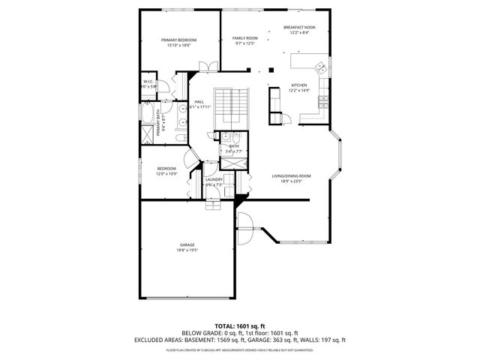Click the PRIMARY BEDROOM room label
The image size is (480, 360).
click(178, 40)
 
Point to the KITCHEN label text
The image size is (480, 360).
click(299, 85)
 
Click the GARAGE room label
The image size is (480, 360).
click(187, 245)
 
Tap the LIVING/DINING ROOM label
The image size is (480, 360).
click(291, 175)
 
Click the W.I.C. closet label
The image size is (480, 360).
click(148, 82)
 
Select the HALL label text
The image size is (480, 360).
click(199, 102)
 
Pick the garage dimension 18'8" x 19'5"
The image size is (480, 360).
click(187, 250)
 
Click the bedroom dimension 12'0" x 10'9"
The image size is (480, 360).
click(166, 174)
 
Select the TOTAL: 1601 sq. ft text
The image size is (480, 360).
click(240, 326)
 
